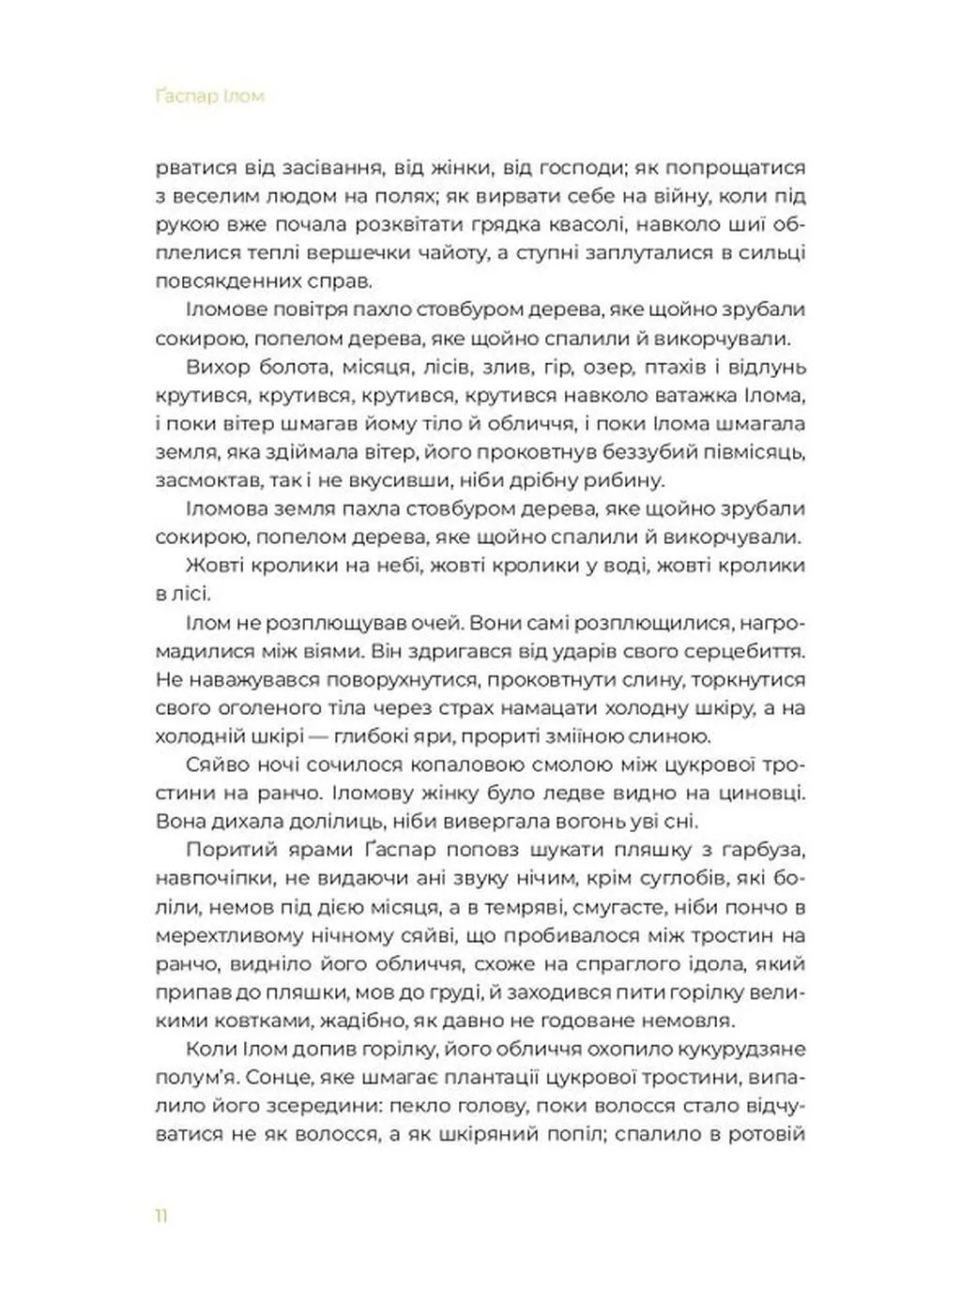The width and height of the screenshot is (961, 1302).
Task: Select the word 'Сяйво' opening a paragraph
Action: click(x=216, y=765)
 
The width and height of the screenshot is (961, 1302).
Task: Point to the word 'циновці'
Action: click(x=756, y=793)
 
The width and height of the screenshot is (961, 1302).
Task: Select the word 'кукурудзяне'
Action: click(x=733, y=1049)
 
